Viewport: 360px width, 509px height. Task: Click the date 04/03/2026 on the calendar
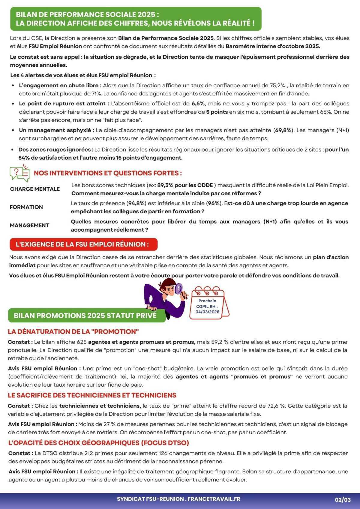pos(207,312)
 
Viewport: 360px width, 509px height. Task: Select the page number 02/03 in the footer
pos(343,500)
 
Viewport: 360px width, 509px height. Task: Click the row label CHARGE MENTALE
pos(35,189)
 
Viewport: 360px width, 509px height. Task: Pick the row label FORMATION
pos(26,207)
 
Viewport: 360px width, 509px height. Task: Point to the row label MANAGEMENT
pos(29,225)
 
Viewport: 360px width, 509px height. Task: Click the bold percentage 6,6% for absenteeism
pos(198,104)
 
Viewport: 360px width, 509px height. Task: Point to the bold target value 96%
pos(214,203)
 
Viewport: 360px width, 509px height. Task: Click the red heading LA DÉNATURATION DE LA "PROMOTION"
pos(73,332)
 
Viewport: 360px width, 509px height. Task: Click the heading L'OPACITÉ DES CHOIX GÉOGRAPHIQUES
pos(98,443)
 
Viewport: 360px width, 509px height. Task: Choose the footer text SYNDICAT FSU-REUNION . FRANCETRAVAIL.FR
pos(178,499)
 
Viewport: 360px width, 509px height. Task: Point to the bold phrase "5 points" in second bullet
pos(217,112)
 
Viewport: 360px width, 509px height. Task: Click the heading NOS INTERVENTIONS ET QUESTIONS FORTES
pos(108,173)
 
